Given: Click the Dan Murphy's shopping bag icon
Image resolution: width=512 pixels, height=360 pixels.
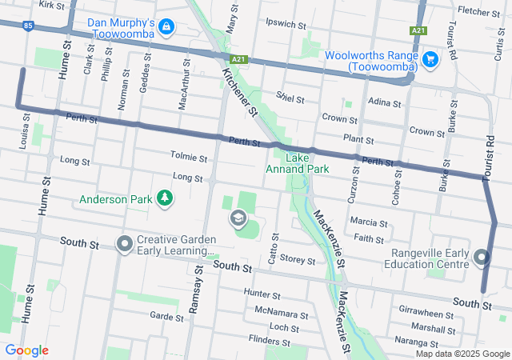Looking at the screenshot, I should [166, 27].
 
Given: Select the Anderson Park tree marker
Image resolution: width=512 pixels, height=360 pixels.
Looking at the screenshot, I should [164, 197].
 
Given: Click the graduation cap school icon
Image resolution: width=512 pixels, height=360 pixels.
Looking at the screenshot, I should [238, 218].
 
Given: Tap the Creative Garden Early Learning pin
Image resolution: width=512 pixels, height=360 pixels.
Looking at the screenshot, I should [124, 242].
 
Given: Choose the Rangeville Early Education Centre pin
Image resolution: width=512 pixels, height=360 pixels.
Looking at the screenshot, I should [482, 258].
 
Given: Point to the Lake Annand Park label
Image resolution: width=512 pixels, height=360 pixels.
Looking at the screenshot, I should [297, 164].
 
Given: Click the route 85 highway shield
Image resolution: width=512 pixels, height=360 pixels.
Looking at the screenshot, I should [29, 26].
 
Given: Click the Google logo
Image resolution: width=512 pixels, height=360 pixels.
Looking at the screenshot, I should [26, 350].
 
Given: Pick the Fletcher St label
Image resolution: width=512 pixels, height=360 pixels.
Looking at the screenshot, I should [479, 11].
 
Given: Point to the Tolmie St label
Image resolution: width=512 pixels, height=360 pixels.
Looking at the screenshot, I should [189, 157].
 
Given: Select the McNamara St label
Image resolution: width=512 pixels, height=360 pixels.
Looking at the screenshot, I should [281, 310].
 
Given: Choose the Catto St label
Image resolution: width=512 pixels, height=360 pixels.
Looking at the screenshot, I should [274, 250].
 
